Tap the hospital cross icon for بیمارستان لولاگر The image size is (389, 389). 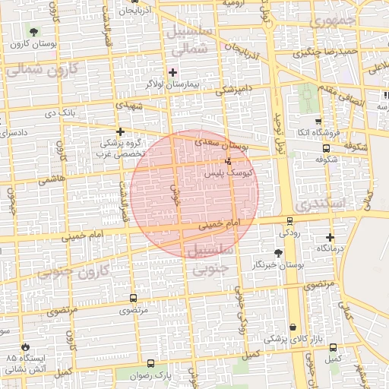coord(172,71)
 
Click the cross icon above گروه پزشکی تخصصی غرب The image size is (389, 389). coord(120,131)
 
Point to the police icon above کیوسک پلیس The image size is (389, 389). coord(229,161)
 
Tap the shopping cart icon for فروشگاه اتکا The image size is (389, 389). coord(318,121)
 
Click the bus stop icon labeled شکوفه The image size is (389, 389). coord(326,149)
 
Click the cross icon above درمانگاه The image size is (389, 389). coord(330,238)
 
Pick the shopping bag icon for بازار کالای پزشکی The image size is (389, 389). coord(293,327)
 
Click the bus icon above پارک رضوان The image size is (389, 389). coord(150,364)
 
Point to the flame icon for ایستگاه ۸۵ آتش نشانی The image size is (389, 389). coord(27,346)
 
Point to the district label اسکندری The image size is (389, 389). coord(320,205)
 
